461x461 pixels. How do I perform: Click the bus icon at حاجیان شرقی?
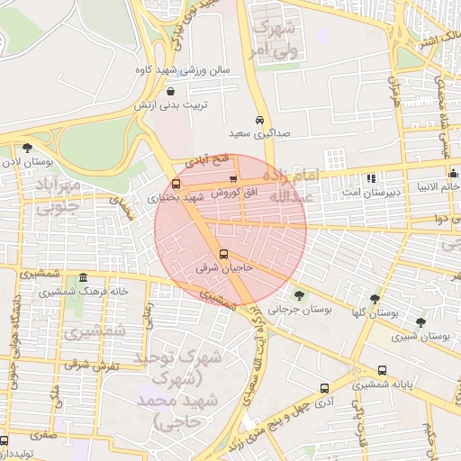point(223,254)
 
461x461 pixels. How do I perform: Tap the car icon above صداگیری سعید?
point(259,121)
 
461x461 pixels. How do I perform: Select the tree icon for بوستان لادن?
point(27,148)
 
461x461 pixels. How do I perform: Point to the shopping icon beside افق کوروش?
point(234,180)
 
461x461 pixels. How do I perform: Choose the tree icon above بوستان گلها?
point(375,299)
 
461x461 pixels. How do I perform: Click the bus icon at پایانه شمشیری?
point(383,370)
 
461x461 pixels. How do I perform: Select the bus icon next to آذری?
point(324,388)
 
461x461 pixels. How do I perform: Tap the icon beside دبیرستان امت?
point(372,177)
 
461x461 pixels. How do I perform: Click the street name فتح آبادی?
point(213,160)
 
